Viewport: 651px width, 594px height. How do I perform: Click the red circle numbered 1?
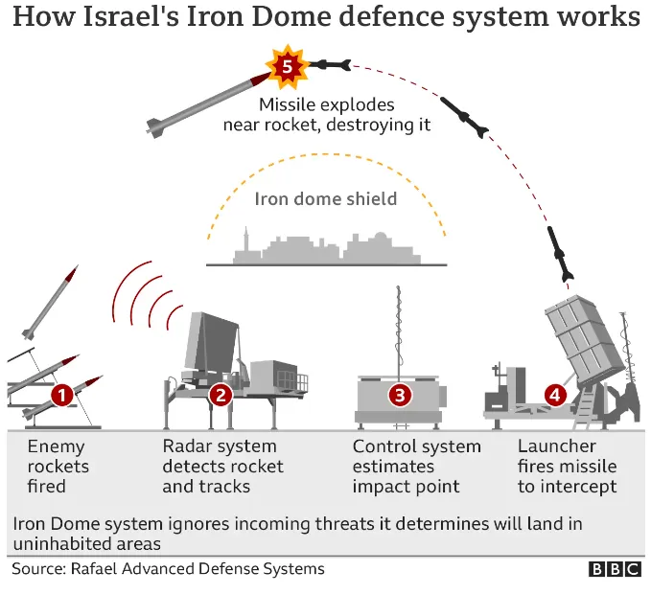(62, 394)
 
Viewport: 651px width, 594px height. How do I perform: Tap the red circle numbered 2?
(221, 394)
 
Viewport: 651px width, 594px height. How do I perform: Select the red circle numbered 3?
(400, 394)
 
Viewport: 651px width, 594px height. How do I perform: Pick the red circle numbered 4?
(554, 394)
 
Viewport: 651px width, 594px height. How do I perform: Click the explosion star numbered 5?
(285, 65)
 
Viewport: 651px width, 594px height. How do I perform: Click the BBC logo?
(614, 569)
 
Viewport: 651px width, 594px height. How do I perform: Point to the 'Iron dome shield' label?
(326, 199)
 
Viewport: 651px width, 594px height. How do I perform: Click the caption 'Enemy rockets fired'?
(58, 467)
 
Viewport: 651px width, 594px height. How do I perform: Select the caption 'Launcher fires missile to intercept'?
(567, 467)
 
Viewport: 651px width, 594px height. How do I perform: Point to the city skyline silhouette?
(326, 247)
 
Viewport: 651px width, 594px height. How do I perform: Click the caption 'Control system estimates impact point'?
(416, 467)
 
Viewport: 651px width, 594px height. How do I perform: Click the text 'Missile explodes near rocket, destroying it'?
(327, 114)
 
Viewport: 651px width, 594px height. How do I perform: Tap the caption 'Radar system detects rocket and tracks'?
(222, 467)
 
